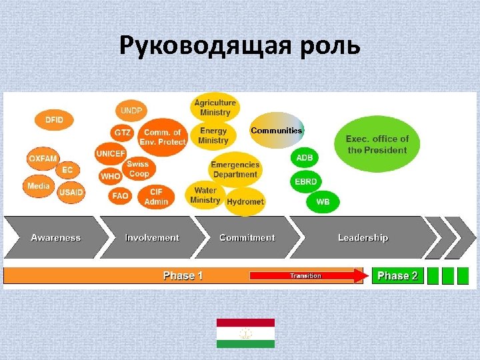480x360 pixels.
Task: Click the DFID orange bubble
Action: [x=54, y=120]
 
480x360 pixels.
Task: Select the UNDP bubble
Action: [x=133, y=110]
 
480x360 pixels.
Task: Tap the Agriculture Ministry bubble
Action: [x=215, y=107]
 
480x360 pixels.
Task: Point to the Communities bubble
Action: [x=277, y=130]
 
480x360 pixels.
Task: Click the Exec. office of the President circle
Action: [x=377, y=145]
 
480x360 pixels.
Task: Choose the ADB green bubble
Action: [x=304, y=158]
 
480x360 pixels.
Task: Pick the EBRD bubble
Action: [x=307, y=181]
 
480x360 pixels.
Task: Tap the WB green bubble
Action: [x=323, y=201]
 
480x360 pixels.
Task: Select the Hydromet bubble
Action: [x=245, y=201]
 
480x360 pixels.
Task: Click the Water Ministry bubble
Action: [x=205, y=195]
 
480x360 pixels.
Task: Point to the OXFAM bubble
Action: [x=43, y=159]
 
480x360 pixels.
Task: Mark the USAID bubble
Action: [x=71, y=193]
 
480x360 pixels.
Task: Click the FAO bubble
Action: [x=120, y=196]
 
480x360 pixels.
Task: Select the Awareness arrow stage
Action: [x=55, y=237]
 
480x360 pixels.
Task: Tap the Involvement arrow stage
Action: [x=152, y=237]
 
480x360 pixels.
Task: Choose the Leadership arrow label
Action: [x=363, y=237]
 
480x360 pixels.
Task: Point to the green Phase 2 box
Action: [x=397, y=275]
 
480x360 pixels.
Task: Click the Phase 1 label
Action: [x=183, y=275]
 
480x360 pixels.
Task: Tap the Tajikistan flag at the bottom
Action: [x=245, y=333]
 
